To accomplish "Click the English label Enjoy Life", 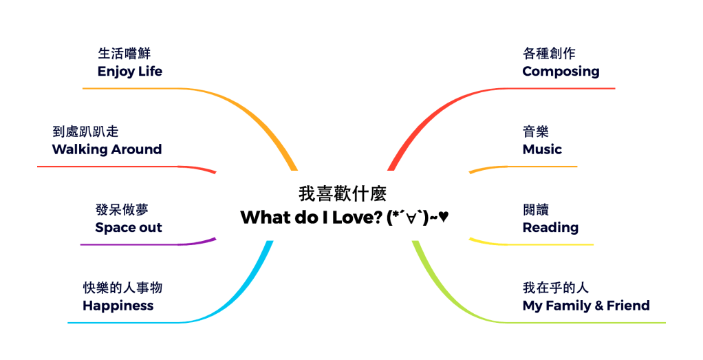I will click(x=130, y=72).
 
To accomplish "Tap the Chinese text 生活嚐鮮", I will click(x=124, y=54).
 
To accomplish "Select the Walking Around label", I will click(x=107, y=149).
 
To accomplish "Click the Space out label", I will click(x=129, y=228).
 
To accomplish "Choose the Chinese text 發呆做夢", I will click(x=122, y=210).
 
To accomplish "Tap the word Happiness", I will click(x=118, y=306).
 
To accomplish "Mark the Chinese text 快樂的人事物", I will click(x=122, y=288).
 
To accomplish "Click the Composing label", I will click(x=561, y=72).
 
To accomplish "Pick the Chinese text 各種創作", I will click(x=549, y=54).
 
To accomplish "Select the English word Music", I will click(x=542, y=149).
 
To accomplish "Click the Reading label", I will click(x=550, y=228).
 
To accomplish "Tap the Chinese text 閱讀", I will click(x=536, y=210).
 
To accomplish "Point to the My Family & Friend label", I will click(x=586, y=306).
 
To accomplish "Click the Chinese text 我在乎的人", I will click(x=556, y=288).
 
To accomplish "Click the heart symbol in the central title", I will click(x=444, y=217).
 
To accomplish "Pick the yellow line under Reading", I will click(x=537, y=244).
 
